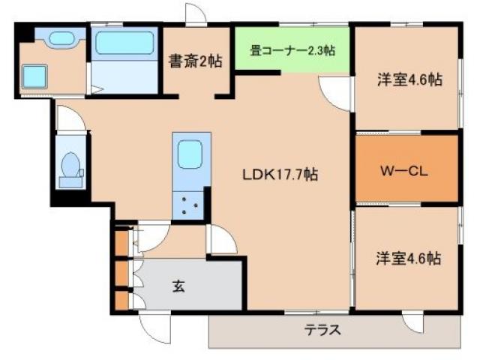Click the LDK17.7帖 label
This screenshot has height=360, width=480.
pyautogui.click(x=280, y=175)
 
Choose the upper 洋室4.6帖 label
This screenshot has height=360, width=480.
pyautogui.click(x=408, y=80)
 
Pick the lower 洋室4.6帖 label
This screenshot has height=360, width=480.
pyautogui.click(x=408, y=258)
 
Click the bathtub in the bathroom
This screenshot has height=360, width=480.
pyautogui.click(x=124, y=43)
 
